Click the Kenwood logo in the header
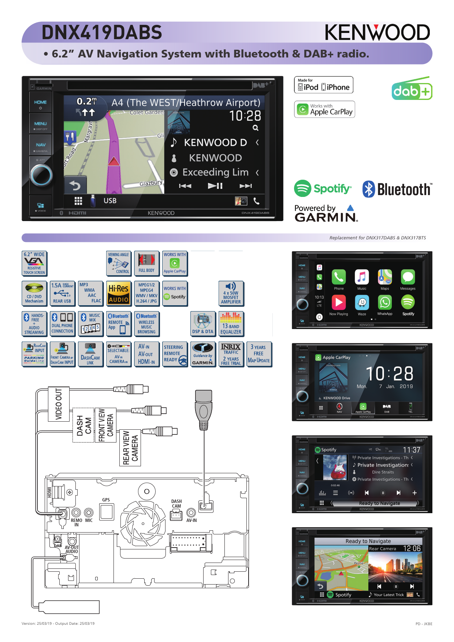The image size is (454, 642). click(377, 33)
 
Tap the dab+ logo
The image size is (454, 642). click(412, 88)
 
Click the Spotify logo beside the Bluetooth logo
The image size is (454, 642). click(323, 189)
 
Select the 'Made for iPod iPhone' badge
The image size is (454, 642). click(324, 85)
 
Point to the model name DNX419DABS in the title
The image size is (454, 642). click(102, 32)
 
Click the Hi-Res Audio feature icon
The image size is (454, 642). click(119, 294)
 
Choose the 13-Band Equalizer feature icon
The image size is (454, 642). click(231, 324)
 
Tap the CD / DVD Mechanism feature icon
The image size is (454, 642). click(34, 294)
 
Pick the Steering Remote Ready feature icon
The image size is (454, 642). click(175, 354)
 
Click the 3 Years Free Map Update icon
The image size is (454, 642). click(259, 354)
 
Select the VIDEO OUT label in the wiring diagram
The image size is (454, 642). click(59, 404)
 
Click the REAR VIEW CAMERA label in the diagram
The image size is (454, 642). click(130, 448)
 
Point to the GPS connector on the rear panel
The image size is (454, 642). click(106, 511)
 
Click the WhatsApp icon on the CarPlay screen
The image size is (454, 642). click(385, 303)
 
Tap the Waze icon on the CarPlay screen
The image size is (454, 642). click(362, 303)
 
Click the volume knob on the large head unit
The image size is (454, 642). click(41, 175)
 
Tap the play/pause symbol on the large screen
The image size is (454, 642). click(215, 186)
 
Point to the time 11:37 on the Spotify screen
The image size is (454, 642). click(412, 450)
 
